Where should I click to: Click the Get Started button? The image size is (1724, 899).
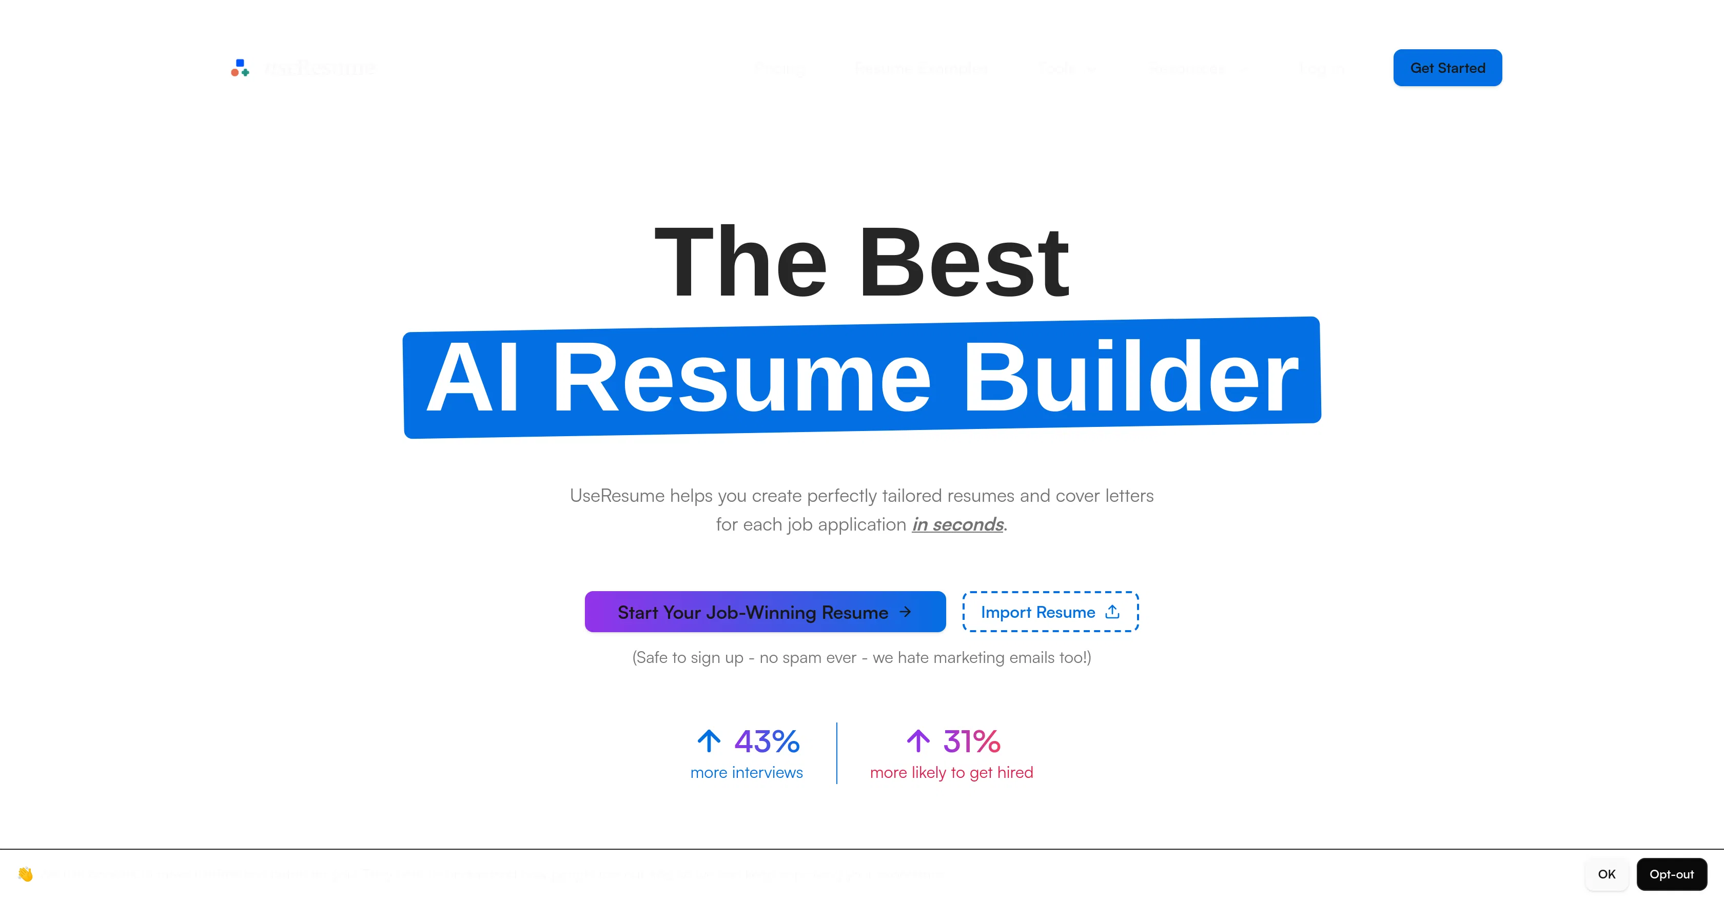[x=1447, y=68]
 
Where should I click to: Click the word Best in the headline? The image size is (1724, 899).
[x=965, y=262]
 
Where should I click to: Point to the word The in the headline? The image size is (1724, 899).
[x=741, y=262]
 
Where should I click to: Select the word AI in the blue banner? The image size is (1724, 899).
[x=472, y=378]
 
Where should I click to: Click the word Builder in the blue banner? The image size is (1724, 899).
[x=1130, y=378]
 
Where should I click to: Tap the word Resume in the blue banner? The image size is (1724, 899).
[x=741, y=378]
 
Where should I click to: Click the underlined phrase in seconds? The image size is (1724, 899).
[x=957, y=524]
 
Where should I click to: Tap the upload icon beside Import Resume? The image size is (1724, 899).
[x=1112, y=612]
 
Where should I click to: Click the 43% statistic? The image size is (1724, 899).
[x=767, y=741]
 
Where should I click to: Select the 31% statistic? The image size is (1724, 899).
[x=972, y=741]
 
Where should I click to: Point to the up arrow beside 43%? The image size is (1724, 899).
[x=709, y=741]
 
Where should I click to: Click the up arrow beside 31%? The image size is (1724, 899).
[x=918, y=741]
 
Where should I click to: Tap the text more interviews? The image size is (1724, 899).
[x=746, y=772]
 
